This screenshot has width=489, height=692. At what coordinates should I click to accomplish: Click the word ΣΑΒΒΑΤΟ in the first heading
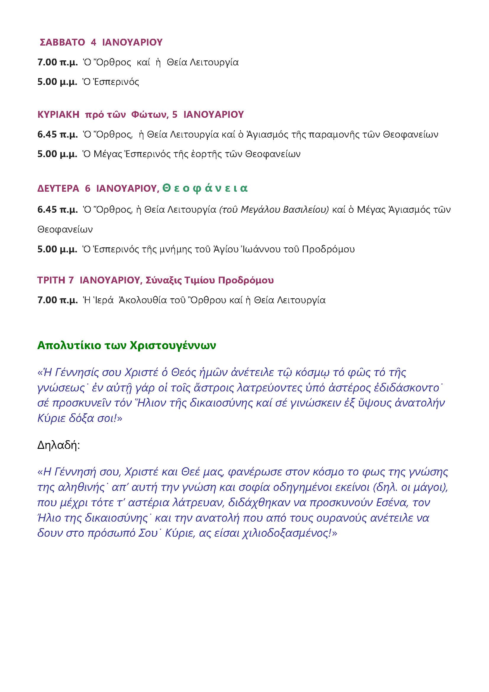click(x=62, y=42)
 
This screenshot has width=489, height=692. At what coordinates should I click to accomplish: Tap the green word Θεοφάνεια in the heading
click(x=205, y=188)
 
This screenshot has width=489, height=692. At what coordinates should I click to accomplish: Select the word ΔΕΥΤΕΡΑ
click(x=58, y=189)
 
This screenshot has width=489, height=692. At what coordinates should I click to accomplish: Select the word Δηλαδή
click(x=59, y=445)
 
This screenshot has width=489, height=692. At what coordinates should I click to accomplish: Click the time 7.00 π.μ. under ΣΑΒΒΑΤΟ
click(x=58, y=62)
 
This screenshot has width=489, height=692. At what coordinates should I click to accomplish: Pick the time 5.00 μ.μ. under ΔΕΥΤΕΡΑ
click(x=58, y=249)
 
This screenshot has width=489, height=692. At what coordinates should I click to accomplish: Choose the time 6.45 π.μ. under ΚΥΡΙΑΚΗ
click(x=58, y=134)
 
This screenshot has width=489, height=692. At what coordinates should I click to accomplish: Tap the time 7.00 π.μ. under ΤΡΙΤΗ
click(x=58, y=300)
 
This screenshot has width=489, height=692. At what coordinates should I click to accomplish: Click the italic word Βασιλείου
click(x=306, y=209)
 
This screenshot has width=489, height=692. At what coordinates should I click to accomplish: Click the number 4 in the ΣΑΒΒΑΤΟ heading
click(x=93, y=42)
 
